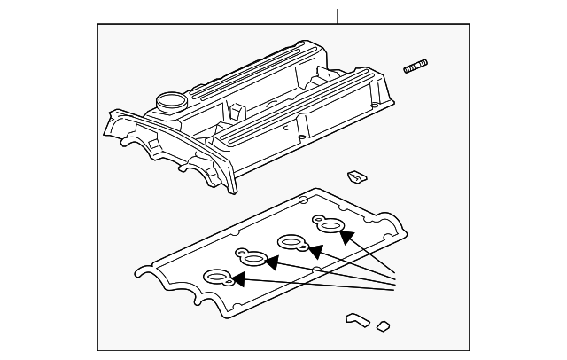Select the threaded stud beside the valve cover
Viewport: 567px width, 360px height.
point(417,67)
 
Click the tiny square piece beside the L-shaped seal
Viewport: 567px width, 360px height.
point(383,325)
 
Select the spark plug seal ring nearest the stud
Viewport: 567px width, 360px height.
point(329,227)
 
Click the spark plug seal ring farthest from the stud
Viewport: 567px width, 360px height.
point(218,278)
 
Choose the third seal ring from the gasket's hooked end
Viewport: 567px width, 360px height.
point(292,242)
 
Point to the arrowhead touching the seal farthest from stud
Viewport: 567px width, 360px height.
point(237,280)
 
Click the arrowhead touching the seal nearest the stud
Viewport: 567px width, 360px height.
point(346,236)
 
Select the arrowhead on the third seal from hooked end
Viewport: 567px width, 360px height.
point(312,249)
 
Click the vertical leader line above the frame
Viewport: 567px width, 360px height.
point(338,15)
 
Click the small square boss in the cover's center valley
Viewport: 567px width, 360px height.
point(236,113)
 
